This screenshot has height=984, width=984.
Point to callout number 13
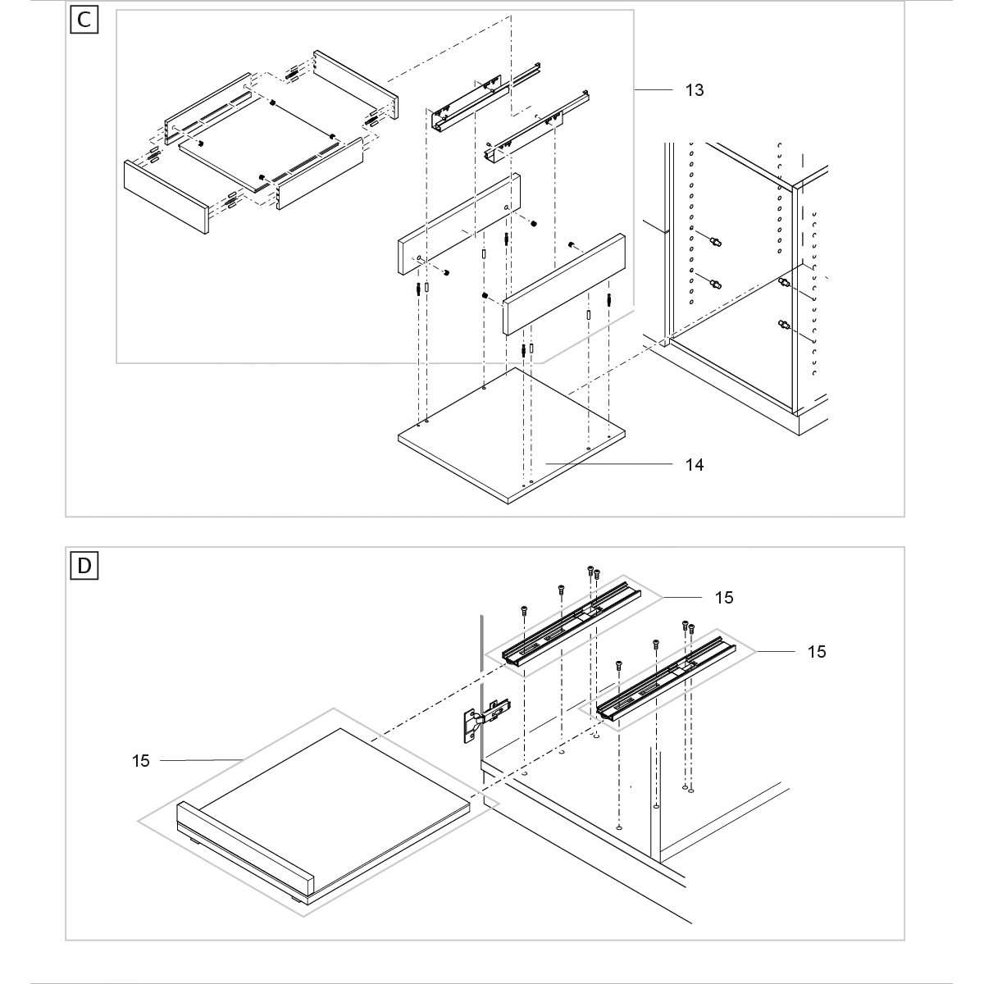pyautogui.click(x=695, y=90)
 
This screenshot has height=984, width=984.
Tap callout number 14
pyautogui.click(x=695, y=465)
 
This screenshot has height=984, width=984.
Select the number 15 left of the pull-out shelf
pyautogui.click(x=141, y=761)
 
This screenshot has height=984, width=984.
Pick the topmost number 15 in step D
pyautogui.click(x=724, y=598)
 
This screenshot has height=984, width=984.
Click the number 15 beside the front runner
pyautogui.click(x=817, y=652)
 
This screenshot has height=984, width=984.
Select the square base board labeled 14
pyautogui.click(x=508, y=435)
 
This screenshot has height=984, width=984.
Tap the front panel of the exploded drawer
pyautogui.click(x=164, y=195)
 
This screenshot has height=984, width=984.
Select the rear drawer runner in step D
pyautogui.click(x=570, y=623)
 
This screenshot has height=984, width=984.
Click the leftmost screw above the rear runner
pyautogui.click(x=524, y=611)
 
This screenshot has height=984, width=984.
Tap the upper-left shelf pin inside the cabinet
pyautogui.click(x=716, y=242)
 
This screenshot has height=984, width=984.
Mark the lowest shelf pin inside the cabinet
pyautogui.click(x=782, y=326)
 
